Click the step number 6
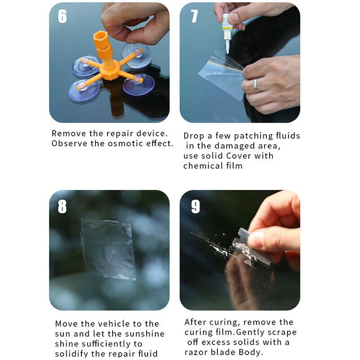pos(63,16)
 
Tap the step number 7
pos(194,16)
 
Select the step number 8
pos(63,206)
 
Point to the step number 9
pos(195,206)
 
